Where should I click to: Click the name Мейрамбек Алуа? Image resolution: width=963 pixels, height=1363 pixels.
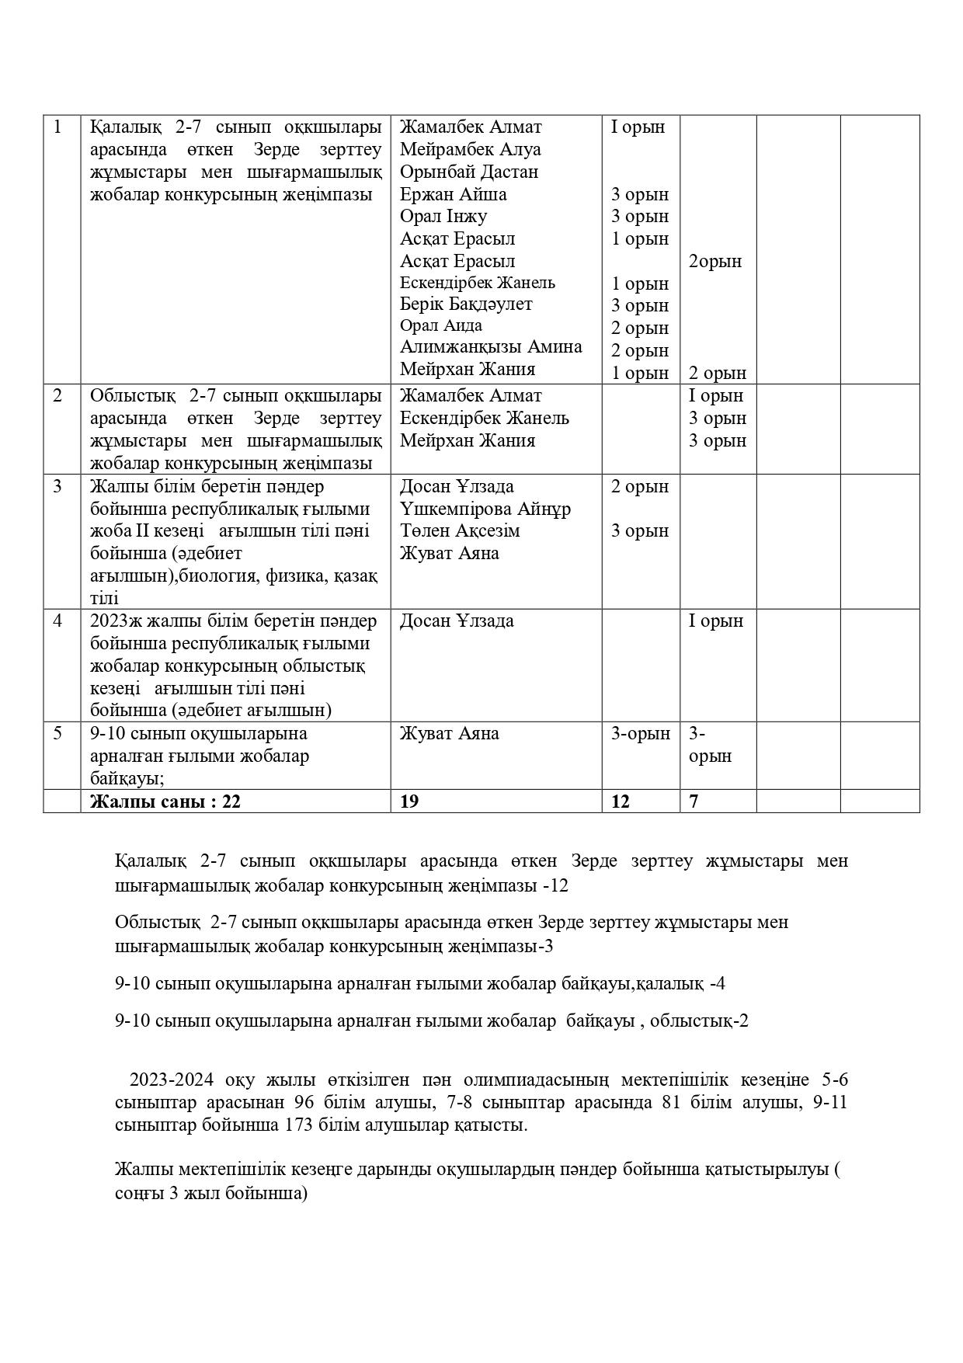click(x=470, y=149)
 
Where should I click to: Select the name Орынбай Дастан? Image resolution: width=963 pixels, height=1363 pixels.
click(x=468, y=172)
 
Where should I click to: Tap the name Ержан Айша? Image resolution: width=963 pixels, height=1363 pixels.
click(x=453, y=194)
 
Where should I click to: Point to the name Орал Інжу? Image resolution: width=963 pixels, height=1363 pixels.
click(x=443, y=216)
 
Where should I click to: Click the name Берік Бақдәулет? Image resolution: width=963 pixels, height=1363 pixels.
click(x=466, y=304)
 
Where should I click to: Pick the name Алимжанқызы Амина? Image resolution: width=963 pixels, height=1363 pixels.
click(x=491, y=346)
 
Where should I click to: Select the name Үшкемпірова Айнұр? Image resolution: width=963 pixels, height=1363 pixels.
click(x=485, y=509)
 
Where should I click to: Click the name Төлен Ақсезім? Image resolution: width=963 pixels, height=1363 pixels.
click(x=460, y=530)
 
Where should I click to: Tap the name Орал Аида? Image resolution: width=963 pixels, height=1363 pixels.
click(x=440, y=325)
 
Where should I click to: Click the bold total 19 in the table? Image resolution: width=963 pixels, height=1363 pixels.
click(x=408, y=801)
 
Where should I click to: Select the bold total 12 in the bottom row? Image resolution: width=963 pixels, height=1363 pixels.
click(x=620, y=801)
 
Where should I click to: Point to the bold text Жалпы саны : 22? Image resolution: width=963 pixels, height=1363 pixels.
click(x=165, y=801)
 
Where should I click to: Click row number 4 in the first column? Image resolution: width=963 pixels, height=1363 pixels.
click(x=57, y=621)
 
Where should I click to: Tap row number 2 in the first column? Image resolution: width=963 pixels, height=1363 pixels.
click(x=57, y=395)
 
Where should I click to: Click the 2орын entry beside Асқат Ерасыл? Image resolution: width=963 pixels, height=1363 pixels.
click(x=715, y=262)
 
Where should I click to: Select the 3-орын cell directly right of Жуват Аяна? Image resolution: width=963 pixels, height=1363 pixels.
click(x=640, y=734)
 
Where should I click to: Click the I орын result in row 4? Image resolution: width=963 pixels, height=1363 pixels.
click(x=715, y=621)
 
